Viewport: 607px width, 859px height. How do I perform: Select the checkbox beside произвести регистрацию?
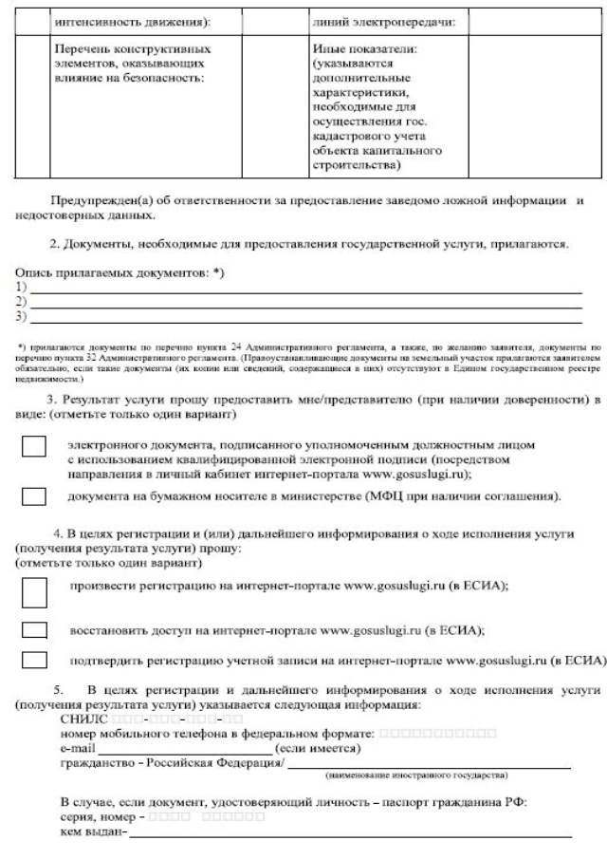tap(34, 590)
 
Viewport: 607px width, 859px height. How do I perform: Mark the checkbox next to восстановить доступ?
tap(34, 629)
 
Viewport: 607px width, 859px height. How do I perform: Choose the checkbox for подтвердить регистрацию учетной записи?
tap(34, 658)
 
